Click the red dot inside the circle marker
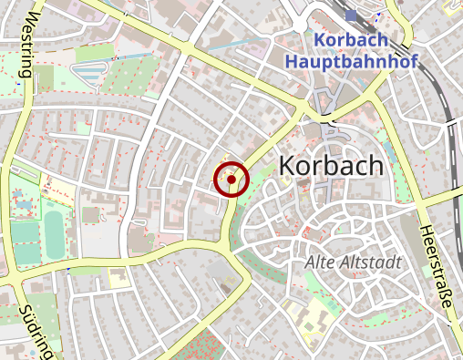click(x=232, y=180)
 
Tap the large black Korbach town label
click(x=332, y=166)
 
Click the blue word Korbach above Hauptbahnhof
click(x=350, y=41)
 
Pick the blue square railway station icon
click(x=352, y=16)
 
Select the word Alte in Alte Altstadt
click(x=319, y=262)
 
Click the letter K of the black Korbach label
click(x=287, y=166)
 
